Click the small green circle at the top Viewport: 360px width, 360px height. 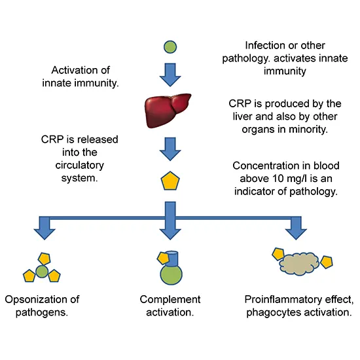pyautogui.click(x=170, y=47)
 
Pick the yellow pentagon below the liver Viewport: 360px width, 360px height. pyautogui.click(x=170, y=181)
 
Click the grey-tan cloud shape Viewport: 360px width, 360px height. pyautogui.click(x=296, y=262)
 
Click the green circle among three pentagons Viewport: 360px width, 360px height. pyautogui.click(x=43, y=270)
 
